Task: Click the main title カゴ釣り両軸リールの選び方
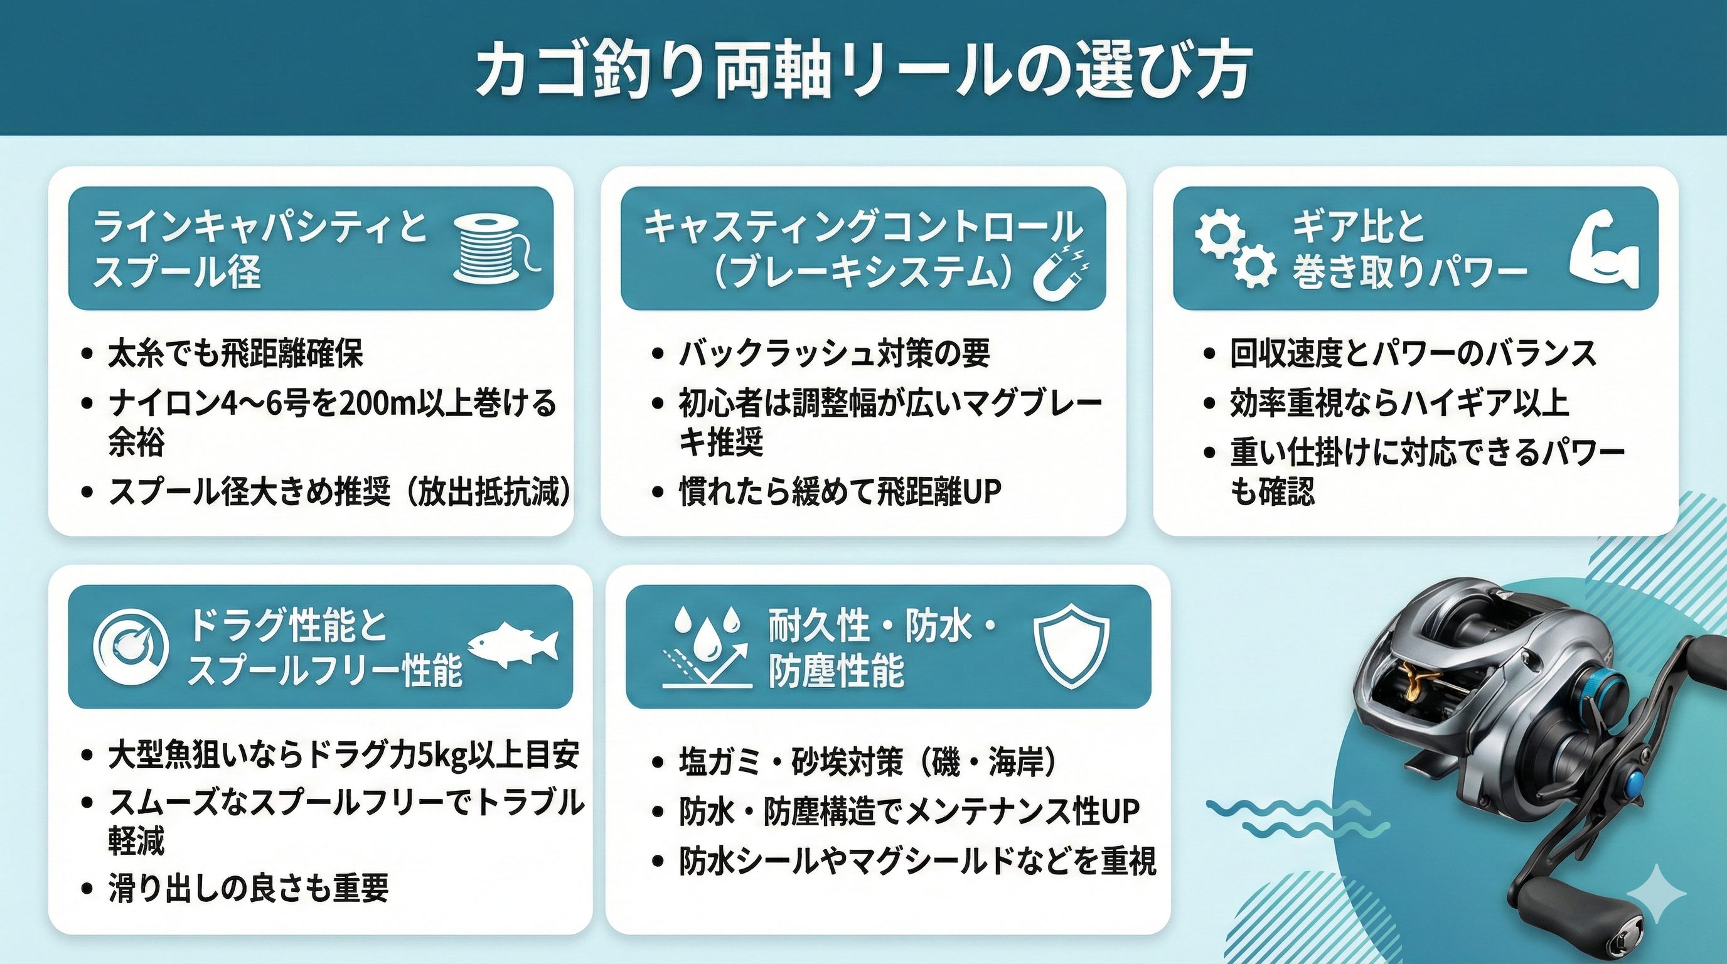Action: pyautogui.click(x=863, y=71)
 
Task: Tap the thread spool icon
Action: pyautogui.click(x=497, y=247)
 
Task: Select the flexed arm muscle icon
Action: pyautogui.click(x=1605, y=248)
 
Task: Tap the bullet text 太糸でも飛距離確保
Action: pyautogui.click(x=235, y=354)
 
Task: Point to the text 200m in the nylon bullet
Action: pyautogui.click(x=374, y=404)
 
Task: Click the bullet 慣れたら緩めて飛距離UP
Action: pyautogui.click(x=840, y=491)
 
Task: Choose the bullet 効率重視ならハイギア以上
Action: pyautogui.click(x=1399, y=403)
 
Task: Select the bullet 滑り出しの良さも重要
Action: pyautogui.click(x=248, y=887)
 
